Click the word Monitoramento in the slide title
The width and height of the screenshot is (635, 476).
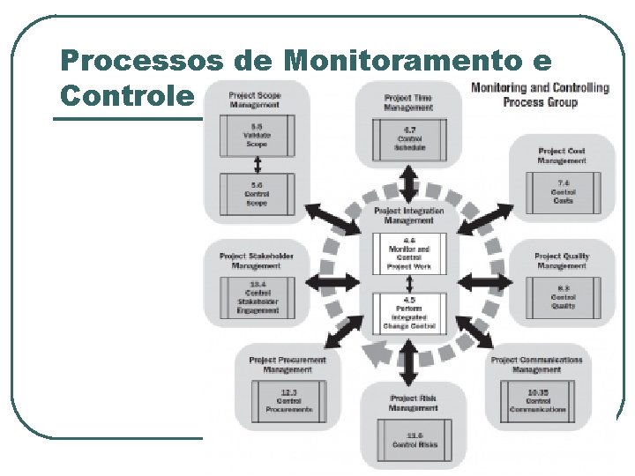[x=400, y=61]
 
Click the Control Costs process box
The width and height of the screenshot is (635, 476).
[x=563, y=194]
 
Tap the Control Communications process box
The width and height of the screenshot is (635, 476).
[x=538, y=403]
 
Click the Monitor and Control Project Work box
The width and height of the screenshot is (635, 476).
[x=409, y=252]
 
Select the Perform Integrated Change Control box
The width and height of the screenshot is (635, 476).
[x=409, y=313]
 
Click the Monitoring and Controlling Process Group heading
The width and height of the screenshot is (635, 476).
[x=540, y=94]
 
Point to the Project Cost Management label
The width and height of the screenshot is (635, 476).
[x=562, y=155]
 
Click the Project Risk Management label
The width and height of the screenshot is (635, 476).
[x=413, y=403]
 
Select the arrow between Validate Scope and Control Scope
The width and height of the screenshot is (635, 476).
[x=257, y=165]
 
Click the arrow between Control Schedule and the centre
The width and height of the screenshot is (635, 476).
[x=409, y=183]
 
